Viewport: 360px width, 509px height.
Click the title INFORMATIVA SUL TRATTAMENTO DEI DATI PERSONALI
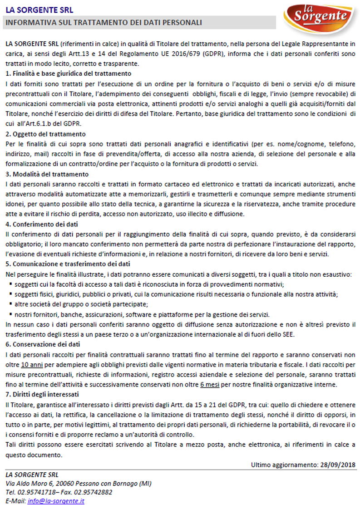(104, 22)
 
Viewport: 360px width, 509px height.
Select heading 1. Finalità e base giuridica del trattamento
(68, 73)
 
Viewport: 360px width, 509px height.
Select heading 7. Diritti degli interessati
(42, 394)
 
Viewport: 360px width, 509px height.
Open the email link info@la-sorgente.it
(56, 501)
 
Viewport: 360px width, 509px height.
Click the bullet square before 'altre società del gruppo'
(10, 304)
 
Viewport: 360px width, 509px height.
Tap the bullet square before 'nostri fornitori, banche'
(10, 314)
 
